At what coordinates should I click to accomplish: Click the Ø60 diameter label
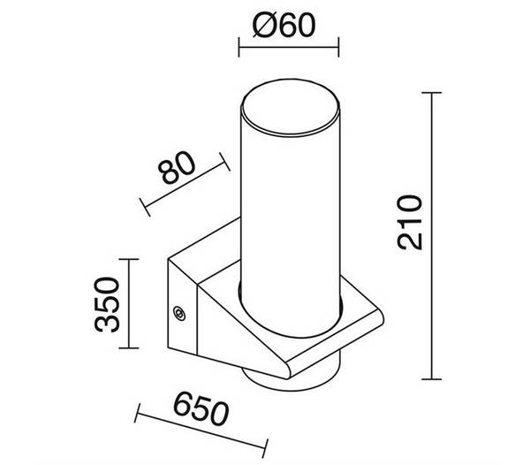click(x=284, y=25)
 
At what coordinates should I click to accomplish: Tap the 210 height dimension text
click(x=410, y=222)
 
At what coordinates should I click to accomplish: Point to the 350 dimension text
click(x=107, y=304)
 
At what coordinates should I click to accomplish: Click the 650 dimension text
click(x=201, y=408)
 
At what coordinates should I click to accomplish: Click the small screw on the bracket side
click(x=178, y=313)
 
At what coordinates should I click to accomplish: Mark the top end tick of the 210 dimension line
click(x=432, y=92)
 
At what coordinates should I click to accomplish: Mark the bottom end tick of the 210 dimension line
click(x=432, y=379)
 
